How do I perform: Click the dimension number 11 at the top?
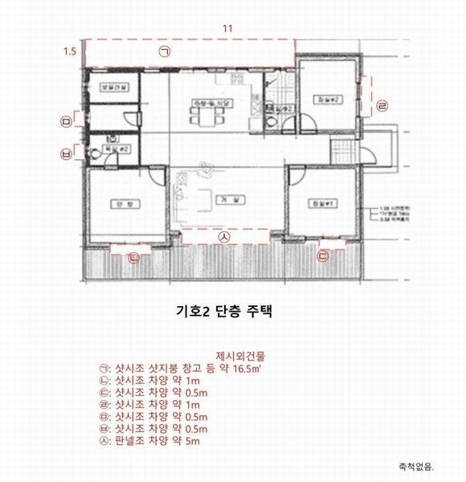point(227,29)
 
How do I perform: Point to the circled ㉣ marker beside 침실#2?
point(382,104)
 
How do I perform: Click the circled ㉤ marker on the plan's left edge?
point(66,120)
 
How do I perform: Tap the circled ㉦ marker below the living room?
point(225,238)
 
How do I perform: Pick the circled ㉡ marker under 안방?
point(133,257)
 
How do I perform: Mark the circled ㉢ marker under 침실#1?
point(323,256)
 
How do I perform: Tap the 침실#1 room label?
point(323,204)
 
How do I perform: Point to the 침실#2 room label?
point(324,99)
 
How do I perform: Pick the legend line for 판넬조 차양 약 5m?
point(155,441)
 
